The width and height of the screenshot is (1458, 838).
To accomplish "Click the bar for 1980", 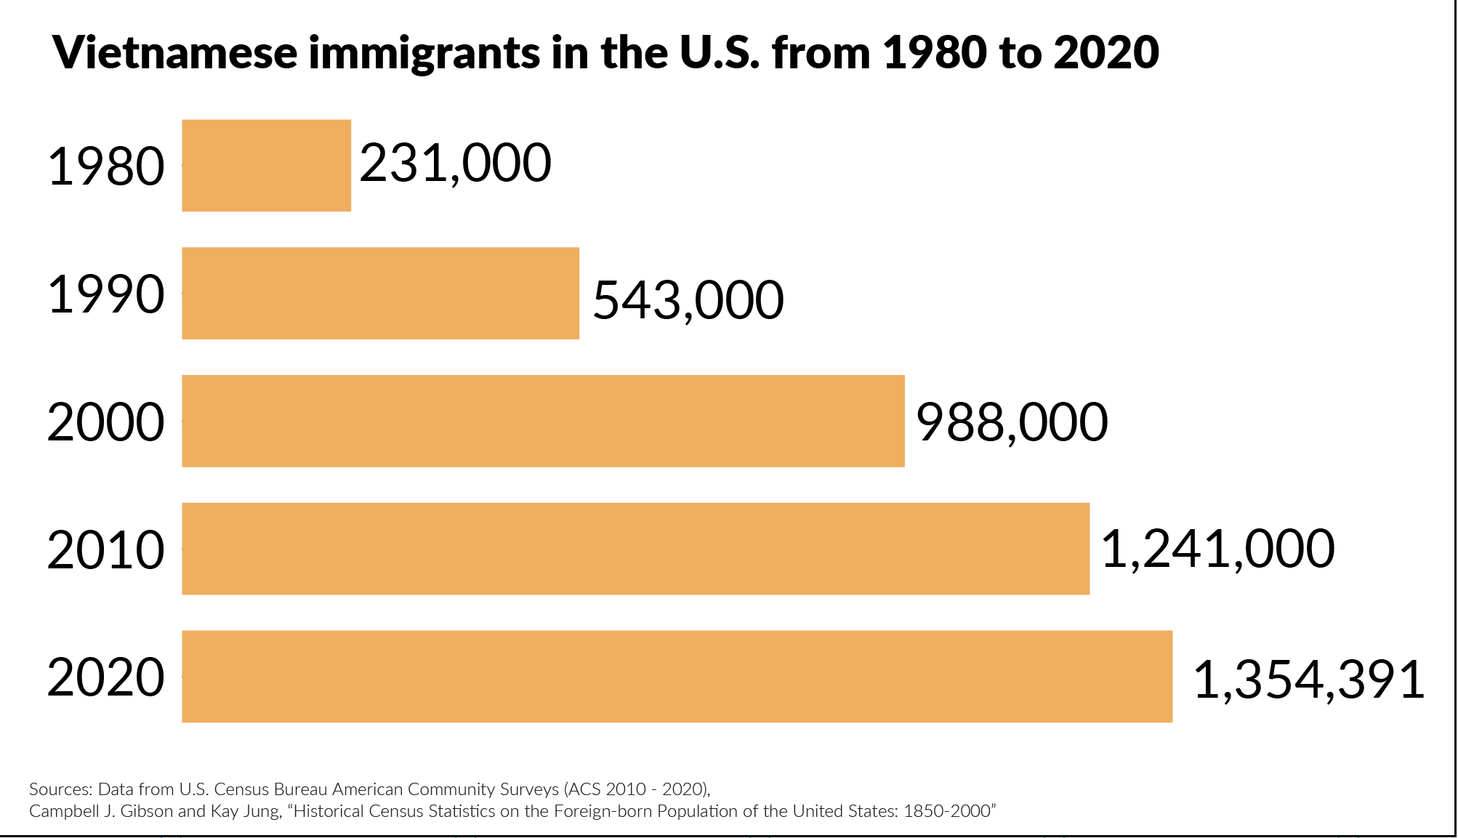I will point(266,166).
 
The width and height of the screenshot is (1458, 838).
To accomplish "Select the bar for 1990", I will point(380,293).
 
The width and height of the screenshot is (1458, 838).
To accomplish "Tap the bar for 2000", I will point(543,421).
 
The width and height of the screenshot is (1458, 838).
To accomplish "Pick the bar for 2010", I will point(635,549).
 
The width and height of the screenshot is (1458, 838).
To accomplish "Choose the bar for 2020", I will point(677,676).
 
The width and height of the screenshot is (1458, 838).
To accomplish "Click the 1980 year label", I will point(106,167).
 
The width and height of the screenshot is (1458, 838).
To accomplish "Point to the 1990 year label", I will point(106,294).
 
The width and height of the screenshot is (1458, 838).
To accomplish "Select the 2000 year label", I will point(106,422).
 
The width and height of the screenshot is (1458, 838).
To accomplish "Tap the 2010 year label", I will point(106,550).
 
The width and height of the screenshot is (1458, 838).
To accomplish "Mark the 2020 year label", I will point(106,677).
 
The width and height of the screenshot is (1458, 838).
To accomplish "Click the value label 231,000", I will point(456,164).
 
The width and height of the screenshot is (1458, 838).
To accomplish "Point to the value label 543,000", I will point(688,300).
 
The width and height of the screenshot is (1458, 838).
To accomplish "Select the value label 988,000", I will point(1012,422).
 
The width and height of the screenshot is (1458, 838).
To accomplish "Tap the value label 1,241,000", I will point(1217,549).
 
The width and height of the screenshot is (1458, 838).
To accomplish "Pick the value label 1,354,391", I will point(1308,680).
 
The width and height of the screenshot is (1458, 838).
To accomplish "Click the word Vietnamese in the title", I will point(175,52).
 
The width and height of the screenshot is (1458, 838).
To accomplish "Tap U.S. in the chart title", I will point(720,52).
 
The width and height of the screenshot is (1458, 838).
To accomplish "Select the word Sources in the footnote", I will point(60,789).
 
